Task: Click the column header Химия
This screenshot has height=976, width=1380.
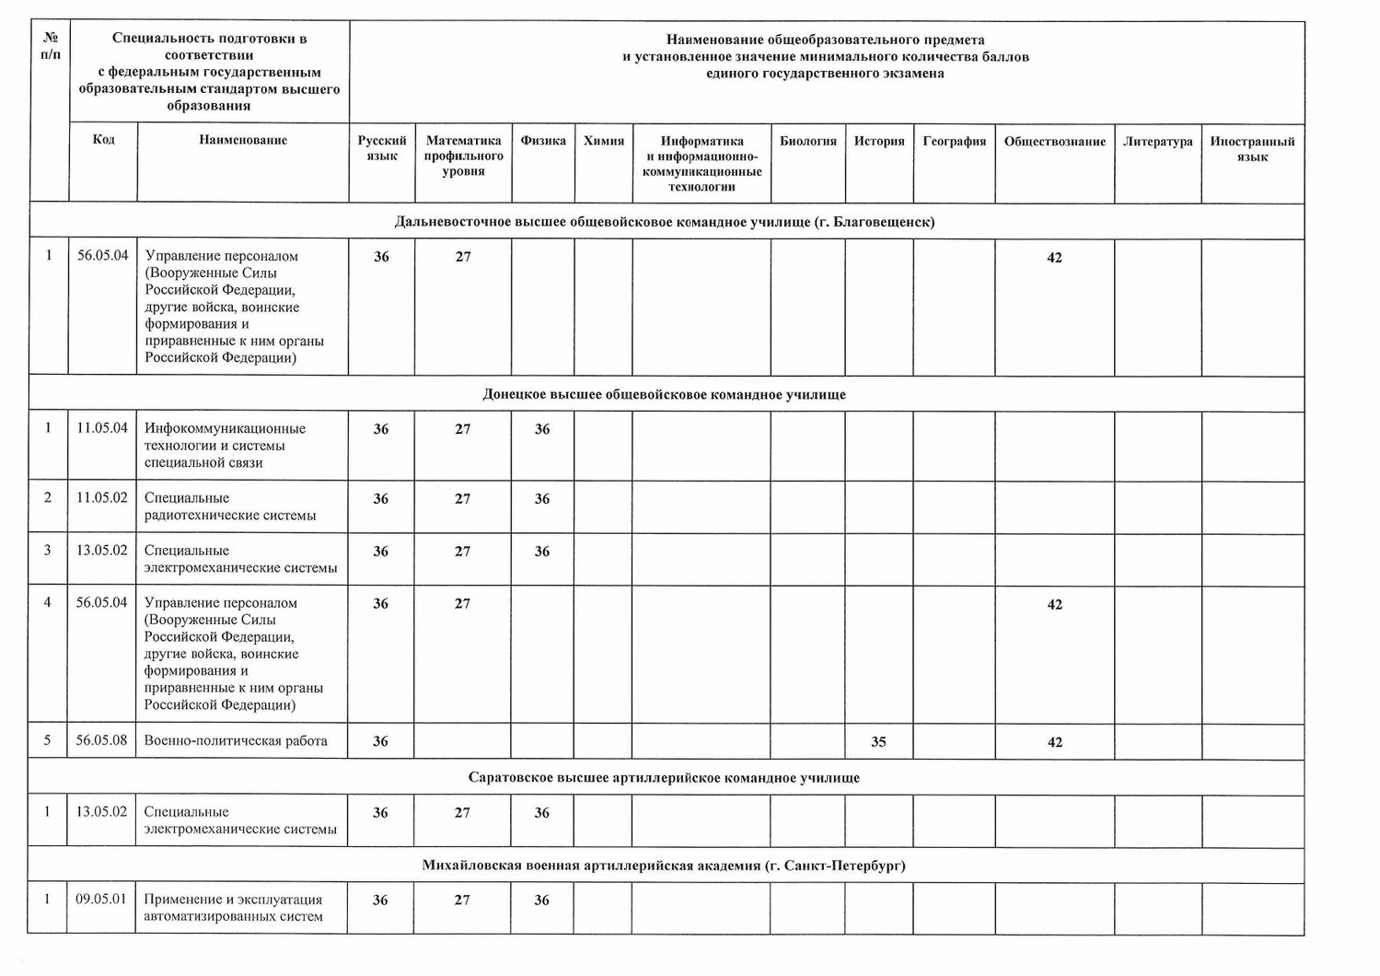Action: pyautogui.click(x=604, y=141)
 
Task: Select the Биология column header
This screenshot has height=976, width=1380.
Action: pyautogui.click(x=807, y=141)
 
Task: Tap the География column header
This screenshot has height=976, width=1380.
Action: pyautogui.click(x=954, y=141)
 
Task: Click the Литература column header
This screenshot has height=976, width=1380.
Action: pyautogui.click(x=1157, y=141)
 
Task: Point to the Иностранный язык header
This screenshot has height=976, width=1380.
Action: pyautogui.click(x=1252, y=148)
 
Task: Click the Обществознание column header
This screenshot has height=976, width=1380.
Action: pyautogui.click(x=1054, y=141)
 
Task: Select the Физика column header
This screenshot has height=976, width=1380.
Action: pyautogui.click(x=543, y=141)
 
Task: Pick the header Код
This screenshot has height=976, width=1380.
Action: pyautogui.click(x=104, y=139)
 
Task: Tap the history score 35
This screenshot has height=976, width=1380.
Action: pyautogui.click(x=878, y=741)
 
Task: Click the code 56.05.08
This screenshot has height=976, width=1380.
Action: pyautogui.click(x=101, y=739)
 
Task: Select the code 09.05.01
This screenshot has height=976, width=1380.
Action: pyautogui.click(x=101, y=899)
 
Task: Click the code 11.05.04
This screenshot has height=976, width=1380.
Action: pyautogui.click(x=101, y=427)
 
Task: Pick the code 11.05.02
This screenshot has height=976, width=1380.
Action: pyautogui.click(x=101, y=497)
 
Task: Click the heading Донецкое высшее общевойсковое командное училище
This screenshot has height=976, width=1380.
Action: pyautogui.click(x=664, y=394)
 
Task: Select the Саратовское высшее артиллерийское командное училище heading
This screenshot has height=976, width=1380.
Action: pyautogui.click(x=664, y=777)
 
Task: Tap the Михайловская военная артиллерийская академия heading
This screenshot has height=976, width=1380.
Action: pyautogui.click(x=664, y=866)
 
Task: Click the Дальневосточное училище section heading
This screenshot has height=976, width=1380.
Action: pyautogui.click(x=664, y=222)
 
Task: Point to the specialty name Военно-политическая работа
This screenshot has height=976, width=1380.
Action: pyautogui.click(x=236, y=740)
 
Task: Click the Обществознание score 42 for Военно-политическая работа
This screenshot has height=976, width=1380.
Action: pyautogui.click(x=1055, y=742)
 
